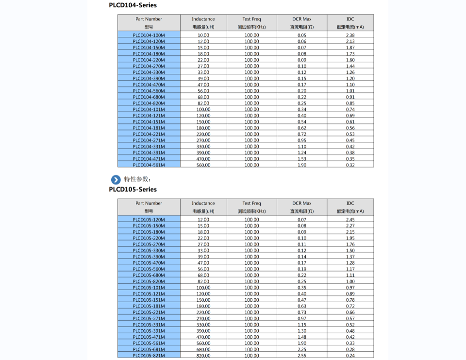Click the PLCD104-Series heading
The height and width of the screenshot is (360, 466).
click(133, 5)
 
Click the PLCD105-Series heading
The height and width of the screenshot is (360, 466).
click(133, 189)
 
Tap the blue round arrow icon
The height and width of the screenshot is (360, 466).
click(116, 179)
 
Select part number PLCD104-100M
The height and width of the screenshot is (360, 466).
click(149, 35)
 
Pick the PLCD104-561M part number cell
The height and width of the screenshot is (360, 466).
click(149, 165)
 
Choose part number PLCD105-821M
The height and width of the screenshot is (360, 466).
click(149, 356)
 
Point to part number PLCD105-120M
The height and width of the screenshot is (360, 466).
click(149, 220)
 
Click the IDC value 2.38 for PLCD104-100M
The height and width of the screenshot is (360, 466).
click(350, 35)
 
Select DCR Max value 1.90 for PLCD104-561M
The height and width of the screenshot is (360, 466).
click(301, 165)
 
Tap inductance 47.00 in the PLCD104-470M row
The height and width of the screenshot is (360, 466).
click(203, 85)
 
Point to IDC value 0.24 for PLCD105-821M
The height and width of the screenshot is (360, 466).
click(350, 356)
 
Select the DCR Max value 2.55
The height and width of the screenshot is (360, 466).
click(301, 356)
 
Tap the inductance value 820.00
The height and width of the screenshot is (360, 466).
click(203, 356)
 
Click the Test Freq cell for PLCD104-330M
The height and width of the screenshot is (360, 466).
click(251, 72)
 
